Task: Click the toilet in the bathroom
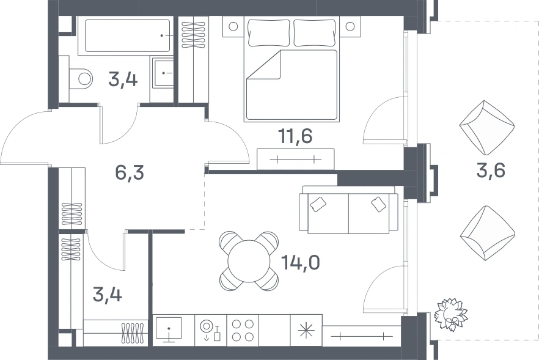[81, 79]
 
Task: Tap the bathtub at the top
[127, 35]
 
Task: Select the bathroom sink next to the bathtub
[163, 73]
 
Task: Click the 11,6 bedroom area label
[296, 136]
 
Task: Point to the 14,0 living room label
[301, 262]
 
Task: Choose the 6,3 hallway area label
[130, 172]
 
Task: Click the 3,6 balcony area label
[491, 170]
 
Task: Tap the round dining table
[249, 261]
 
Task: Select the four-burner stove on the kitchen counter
[243, 330]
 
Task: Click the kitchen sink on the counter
[169, 329]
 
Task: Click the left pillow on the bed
[268, 32]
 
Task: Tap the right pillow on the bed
[315, 32]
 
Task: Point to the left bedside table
[233, 26]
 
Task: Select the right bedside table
[350, 26]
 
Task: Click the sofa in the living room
[348, 210]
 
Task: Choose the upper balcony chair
[486, 128]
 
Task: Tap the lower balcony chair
[488, 233]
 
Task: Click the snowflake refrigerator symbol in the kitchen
[306, 331]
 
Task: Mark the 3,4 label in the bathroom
[123, 79]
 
